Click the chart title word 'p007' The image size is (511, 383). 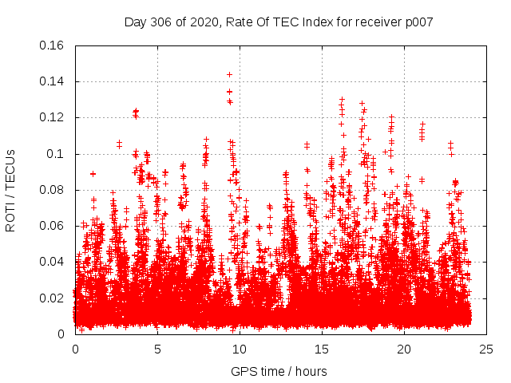418,22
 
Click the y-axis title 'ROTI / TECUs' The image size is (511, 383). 10,189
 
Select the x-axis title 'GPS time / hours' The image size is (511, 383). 278,371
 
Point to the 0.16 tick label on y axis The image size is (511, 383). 53,45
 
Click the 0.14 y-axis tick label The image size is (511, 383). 53,81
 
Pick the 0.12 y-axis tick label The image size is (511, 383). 53,117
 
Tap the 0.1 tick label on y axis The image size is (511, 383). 57,154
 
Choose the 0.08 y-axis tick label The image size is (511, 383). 53,190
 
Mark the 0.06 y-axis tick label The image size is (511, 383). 53,226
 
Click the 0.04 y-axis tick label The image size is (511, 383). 53,262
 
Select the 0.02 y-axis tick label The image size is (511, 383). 53,298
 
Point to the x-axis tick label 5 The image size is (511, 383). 157,349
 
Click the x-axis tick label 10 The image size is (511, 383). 240,349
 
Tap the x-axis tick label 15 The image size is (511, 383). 322,349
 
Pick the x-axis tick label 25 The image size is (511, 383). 486,349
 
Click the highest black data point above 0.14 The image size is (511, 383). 229,74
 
